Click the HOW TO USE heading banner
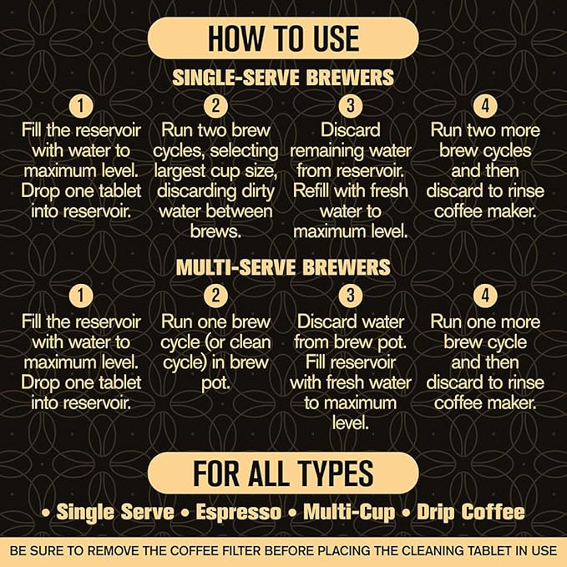283,38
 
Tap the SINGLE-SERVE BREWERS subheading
283,78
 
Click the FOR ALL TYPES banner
283,473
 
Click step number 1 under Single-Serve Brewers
80,106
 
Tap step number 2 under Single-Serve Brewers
215,106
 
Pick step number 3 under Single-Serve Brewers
351,106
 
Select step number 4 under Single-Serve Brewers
485,106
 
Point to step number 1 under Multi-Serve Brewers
80,296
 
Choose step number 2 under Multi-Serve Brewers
215,296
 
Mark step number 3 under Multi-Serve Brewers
351,296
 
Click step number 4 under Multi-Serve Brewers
485,296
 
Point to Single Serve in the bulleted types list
115,512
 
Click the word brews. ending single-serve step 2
215,230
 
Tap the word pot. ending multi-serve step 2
215,382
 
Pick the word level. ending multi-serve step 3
351,423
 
